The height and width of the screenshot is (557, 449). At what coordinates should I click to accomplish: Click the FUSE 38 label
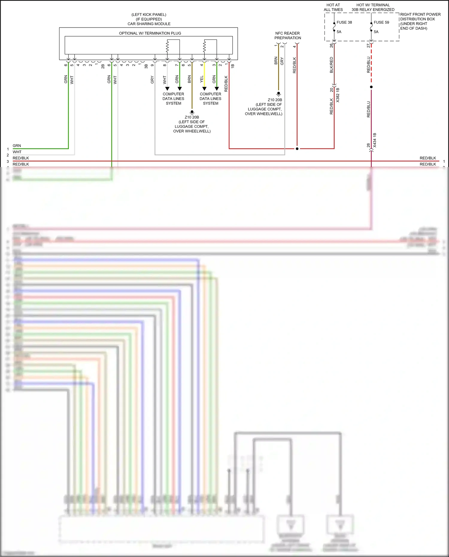click(344, 22)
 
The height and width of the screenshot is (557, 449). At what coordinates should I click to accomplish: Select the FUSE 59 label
click(381, 22)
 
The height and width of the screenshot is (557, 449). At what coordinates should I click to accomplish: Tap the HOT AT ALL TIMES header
click(333, 7)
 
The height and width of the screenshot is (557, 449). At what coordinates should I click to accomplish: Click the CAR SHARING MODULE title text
click(149, 24)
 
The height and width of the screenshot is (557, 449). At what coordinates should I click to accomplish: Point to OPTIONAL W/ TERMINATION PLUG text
click(150, 33)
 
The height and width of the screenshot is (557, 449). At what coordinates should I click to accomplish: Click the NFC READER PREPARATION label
click(287, 35)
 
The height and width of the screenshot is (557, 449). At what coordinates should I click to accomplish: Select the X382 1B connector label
click(338, 95)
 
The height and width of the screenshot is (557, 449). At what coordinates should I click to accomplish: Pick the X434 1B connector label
click(375, 140)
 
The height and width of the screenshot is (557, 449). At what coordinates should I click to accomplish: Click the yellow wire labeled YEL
click(204, 75)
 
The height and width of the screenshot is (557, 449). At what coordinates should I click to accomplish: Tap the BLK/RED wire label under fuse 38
click(331, 65)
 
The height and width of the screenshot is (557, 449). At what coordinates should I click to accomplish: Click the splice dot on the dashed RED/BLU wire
click(371, 87)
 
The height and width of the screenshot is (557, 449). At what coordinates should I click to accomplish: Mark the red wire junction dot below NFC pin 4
click(297, 149)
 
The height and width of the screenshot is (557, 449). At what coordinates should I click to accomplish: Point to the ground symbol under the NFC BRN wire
click(278, 94)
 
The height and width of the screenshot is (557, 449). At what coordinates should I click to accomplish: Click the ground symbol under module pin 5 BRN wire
click(192, 112)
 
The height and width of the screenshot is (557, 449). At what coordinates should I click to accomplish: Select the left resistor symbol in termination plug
click(167, 46)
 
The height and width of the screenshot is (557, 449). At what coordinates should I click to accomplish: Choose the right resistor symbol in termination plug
click(204, 46)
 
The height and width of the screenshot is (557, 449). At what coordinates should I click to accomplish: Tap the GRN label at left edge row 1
click(17, 146)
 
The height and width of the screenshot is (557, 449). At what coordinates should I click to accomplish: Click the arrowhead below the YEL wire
click(204, 89)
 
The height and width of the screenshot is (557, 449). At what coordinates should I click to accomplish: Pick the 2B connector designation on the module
click(103, 66)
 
